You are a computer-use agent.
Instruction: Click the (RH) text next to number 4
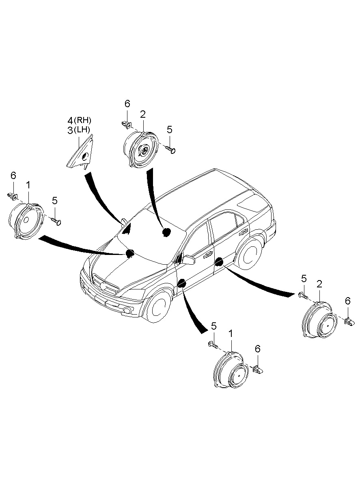(83, 121)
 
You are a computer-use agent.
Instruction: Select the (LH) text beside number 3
(82, 130)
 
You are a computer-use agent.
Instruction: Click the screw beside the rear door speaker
(302, 295)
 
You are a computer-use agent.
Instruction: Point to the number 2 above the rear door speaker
(319, 284)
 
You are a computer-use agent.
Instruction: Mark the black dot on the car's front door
(181, 283)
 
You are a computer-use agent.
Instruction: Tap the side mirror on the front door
(188, 259)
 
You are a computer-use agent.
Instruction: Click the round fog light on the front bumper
(127, 311)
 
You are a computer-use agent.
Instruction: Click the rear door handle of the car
(244, 232)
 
